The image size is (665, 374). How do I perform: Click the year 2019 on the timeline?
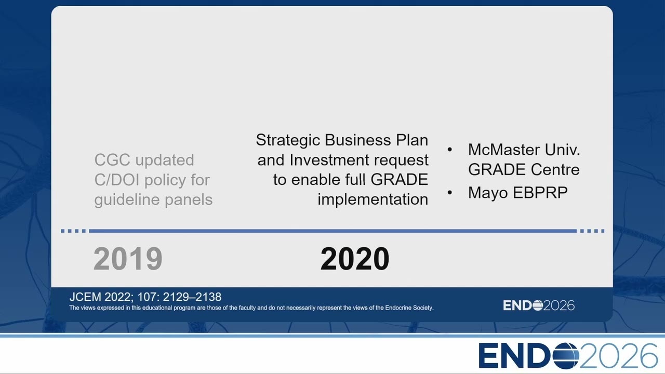(128, 259)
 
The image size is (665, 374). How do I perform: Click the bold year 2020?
(355, 259)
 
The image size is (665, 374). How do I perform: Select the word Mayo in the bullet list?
(488, 193)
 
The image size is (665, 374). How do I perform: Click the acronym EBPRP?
(540, 193)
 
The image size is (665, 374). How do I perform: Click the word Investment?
(329, 160)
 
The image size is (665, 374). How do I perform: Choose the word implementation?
(373, 199)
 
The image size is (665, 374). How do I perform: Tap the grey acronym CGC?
(112, 160)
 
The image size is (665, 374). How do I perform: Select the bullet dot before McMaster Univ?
(450, 150)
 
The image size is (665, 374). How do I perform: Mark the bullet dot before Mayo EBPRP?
(450, 193)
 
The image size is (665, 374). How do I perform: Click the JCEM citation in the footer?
(145, 297)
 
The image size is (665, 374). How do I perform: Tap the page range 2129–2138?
(192, 297)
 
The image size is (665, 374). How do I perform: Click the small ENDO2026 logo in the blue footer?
(539, 305)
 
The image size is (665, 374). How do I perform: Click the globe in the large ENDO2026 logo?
(566, 356)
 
